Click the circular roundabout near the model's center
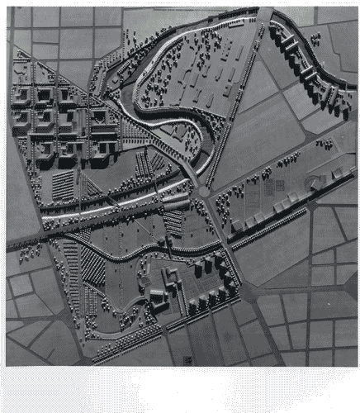(x=204, y=191)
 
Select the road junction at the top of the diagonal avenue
(x=263, y=17)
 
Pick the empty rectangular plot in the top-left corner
(x=21, y=17)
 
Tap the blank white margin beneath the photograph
(x=180, y=388)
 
